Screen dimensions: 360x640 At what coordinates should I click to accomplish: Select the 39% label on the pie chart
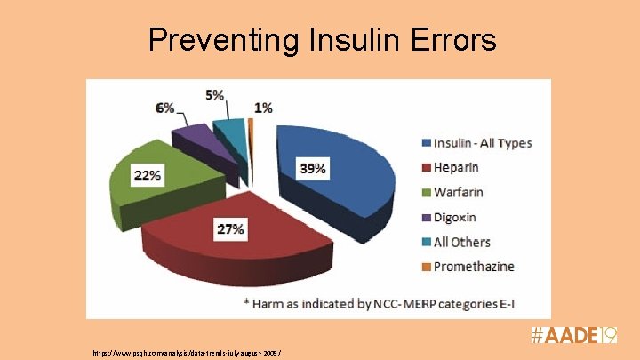[x=312, y=169]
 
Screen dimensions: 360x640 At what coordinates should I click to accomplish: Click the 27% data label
[x=230, y=229]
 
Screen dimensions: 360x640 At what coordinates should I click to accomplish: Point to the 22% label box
[x=148, y=175]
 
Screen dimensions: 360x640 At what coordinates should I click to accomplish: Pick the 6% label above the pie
[x=164, y=108]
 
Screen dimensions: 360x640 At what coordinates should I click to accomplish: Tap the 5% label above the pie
[x=214, y=94]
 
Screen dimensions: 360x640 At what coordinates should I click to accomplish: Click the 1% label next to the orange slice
[x=263, y=108]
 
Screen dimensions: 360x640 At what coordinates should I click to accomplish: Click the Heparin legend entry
[x=455, y=167]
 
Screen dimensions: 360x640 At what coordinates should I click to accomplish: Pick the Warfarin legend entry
[x=459, y=192]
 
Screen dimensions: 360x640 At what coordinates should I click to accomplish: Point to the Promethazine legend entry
[x=473, y=266]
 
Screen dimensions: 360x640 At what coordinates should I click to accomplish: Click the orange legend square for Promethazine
[x=426, y=266]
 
